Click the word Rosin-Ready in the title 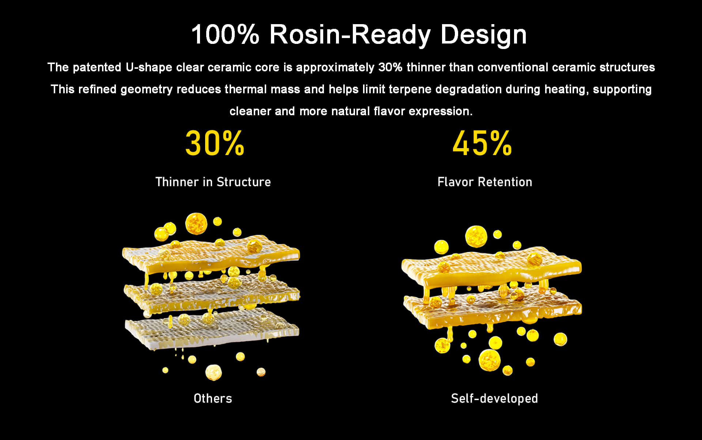[350, 35]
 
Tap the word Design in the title [483, 35]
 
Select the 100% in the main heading [225, 34]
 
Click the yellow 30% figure [215, 143]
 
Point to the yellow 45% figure [482, 143]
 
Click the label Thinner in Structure [213, 182]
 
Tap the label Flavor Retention [485, 182]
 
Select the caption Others [213, 398]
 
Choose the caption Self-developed [494, 398]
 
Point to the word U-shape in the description [149, 68]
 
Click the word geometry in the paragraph [146, 90]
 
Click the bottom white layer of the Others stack [212, 329]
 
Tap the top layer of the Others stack [211, 255]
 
